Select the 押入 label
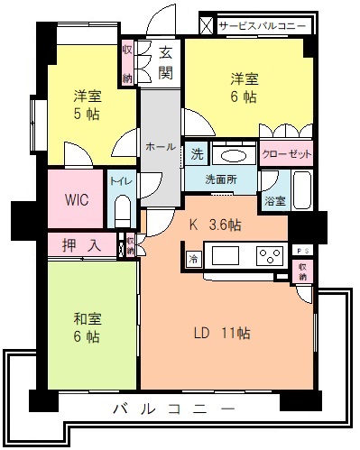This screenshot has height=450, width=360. [80, 243]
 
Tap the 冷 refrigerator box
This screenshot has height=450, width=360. [193, 259]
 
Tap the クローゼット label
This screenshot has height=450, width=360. [287, 154]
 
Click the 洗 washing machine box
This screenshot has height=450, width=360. [197, 154]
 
